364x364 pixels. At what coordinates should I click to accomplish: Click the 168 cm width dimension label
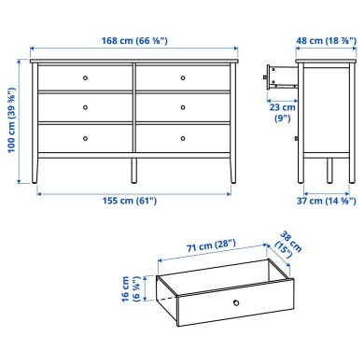(x=134, y=39)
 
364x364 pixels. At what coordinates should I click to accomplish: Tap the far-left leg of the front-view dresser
(x=36, y=170)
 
